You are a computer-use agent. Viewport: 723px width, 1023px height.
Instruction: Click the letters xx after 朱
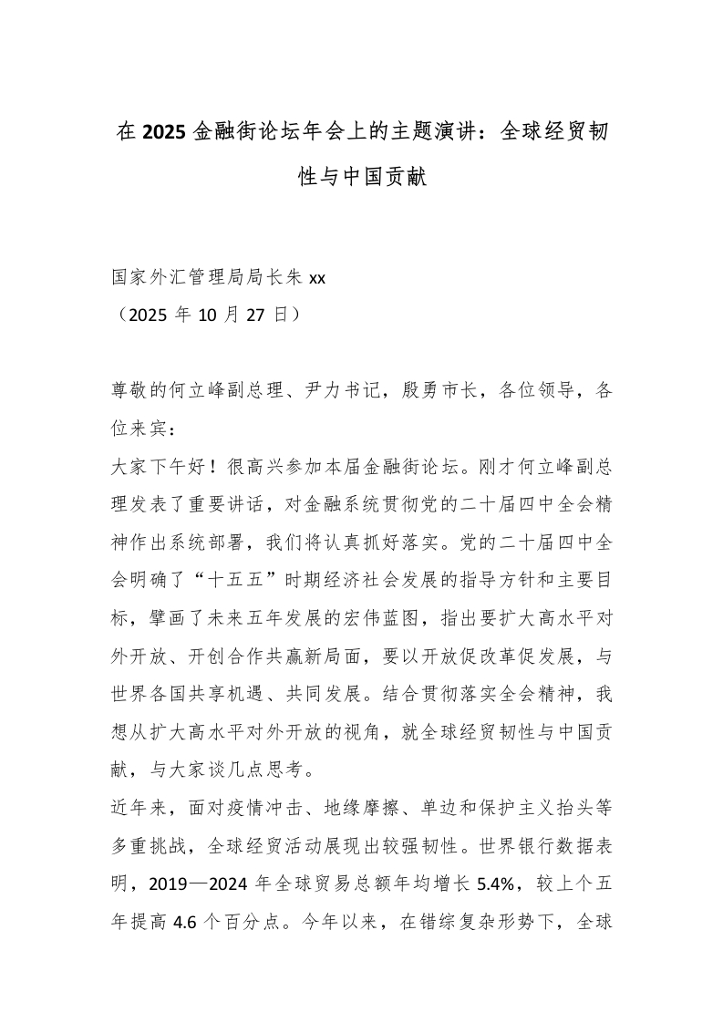[317, 279]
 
